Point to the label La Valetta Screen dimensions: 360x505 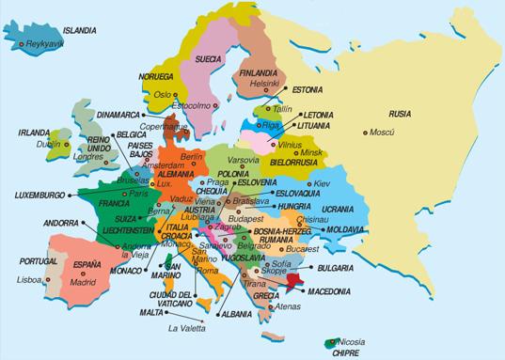click(186, 329)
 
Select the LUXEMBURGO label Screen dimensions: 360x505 click(44, 195)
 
